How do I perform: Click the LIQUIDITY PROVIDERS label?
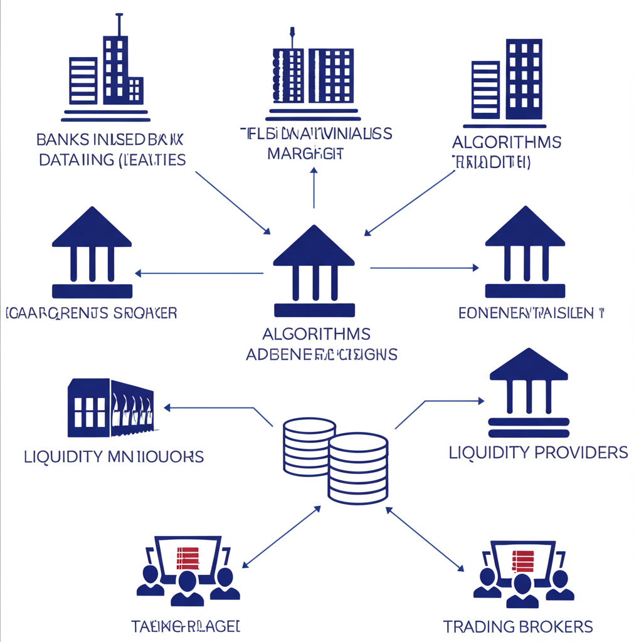tap(538, 452)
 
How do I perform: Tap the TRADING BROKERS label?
tap(517, 626)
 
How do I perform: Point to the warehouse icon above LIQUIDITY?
tap(110, 408)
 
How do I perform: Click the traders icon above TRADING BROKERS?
tap(523, 573)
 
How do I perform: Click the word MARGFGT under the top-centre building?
tap(305, 153)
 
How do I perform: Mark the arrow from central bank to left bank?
tap(199, 273)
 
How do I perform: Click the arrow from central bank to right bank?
tap(425, 268)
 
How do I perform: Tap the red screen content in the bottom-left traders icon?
tap(188, 557)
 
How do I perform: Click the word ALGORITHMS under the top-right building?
tap(507, 142)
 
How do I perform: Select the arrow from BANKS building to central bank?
tap(232, 202)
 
